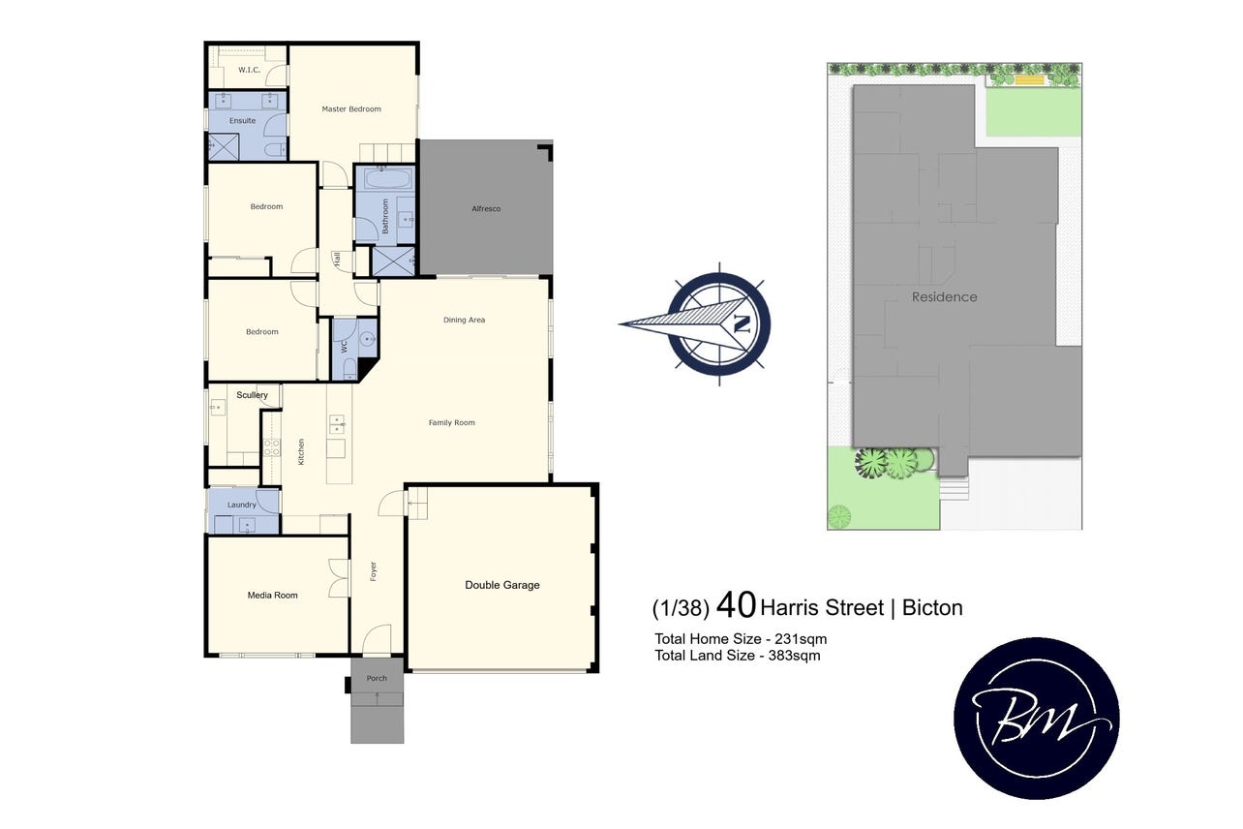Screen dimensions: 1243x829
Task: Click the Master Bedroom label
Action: coord(351,108)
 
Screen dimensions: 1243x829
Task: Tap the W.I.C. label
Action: coord(249,70)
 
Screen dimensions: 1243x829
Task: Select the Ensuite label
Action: coord(242,120)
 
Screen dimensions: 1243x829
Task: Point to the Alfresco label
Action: coord(486,209)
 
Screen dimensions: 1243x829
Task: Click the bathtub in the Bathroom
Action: coord(388,179)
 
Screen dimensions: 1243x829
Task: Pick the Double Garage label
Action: coord(502,585)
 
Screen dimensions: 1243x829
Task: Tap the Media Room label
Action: coord(272,596)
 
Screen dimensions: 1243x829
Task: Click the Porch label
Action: coord(377,678)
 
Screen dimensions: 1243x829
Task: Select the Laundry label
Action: coord(242,505)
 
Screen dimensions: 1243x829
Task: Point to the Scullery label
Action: coord(252,395)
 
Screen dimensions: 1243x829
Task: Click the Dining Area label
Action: coord(464,320)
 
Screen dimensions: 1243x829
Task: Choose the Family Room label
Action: coord(452,422)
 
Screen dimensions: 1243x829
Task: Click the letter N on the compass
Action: coord(742,323)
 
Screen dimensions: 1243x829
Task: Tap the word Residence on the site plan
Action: coord(945,297)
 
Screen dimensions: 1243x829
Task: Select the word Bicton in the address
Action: coord(932,607)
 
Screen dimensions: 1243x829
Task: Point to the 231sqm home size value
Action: coord(801,639)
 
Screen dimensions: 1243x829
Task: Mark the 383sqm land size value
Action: coord(794,656)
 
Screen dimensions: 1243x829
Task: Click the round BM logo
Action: coord(1037,719)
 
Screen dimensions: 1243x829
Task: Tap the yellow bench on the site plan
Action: coord(1029,80)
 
